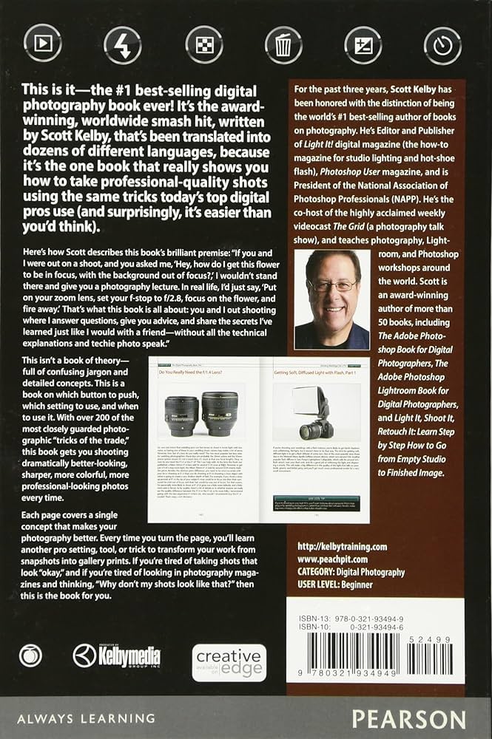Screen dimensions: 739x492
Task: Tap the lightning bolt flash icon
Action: [123, 45]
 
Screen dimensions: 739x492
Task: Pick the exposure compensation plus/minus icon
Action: [363, 45]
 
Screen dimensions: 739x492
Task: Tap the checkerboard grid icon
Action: [203, 45]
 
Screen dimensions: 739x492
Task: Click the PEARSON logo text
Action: [408, 718]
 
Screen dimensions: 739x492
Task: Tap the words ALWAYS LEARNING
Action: [88, 718]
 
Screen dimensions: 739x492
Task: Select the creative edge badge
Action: [229, 662]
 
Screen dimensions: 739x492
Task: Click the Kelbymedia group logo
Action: [116, 655]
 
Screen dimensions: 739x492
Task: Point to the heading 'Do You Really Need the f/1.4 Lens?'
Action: [195, 372]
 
